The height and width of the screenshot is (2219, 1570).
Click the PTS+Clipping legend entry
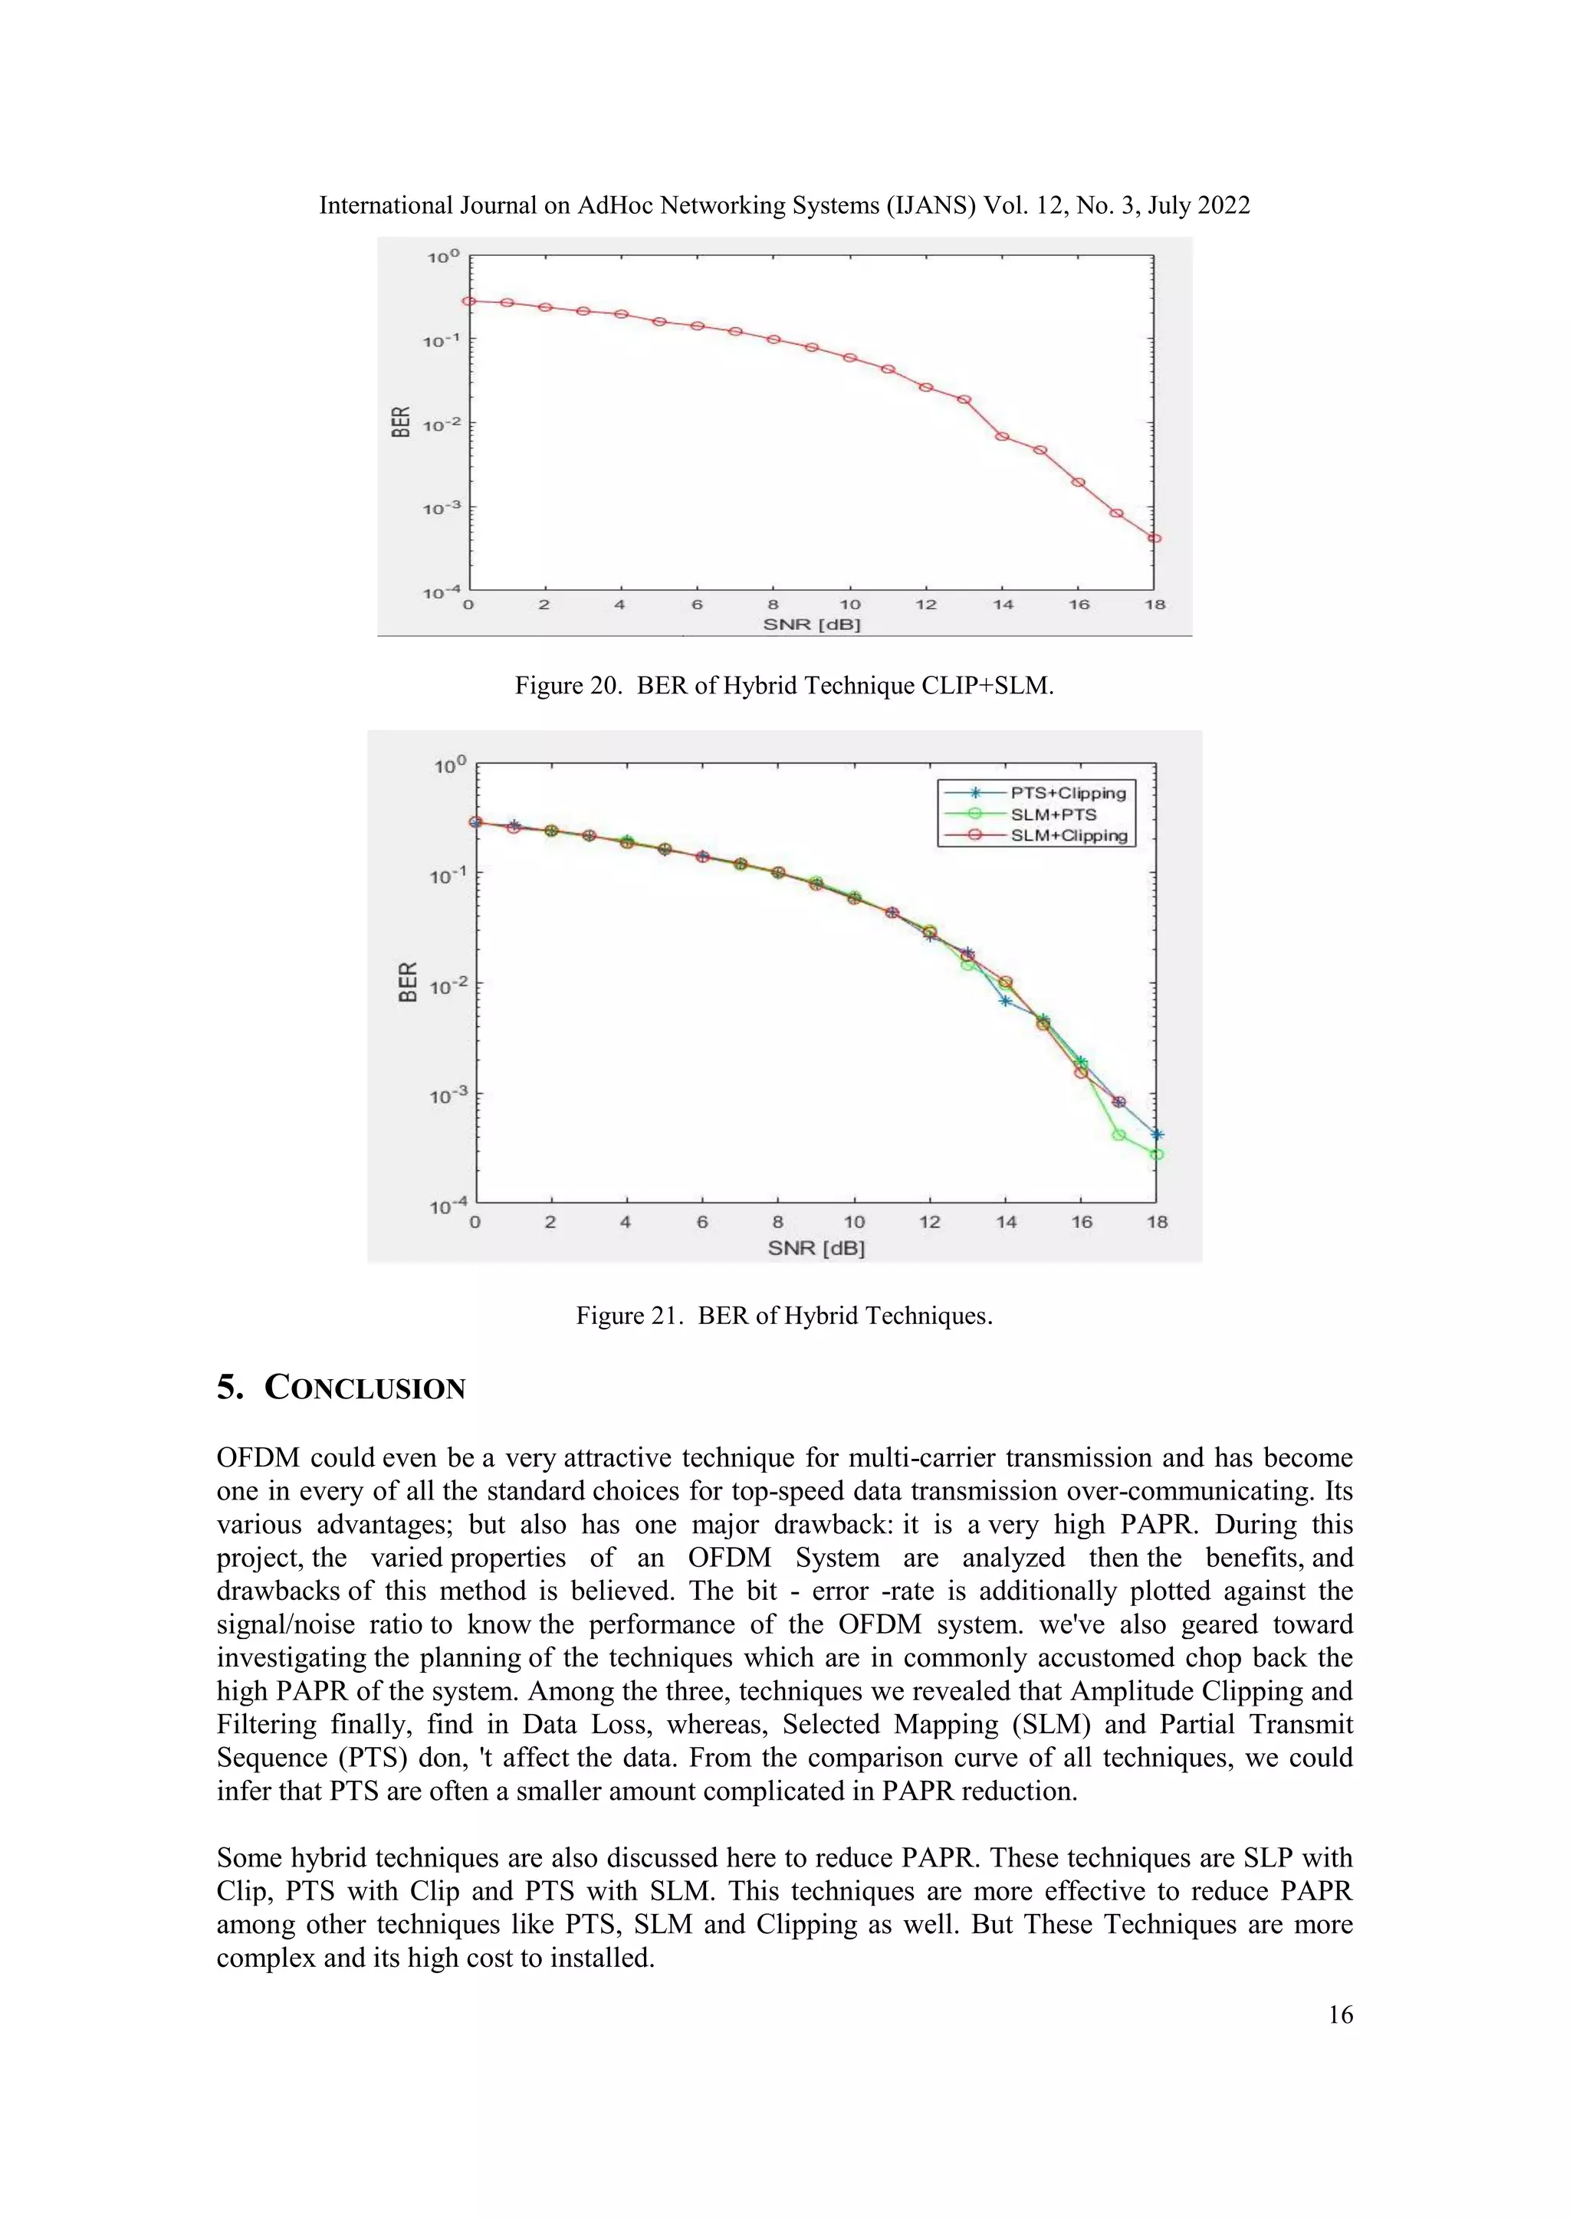(1067, 792)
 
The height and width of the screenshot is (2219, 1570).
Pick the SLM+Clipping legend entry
(1068, 836)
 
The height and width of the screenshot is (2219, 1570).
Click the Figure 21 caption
(784, 1316)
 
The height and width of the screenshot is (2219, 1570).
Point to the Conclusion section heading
(341, 1388)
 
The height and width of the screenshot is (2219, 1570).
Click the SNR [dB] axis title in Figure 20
(811, 624)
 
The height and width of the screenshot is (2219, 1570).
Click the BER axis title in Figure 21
(408, 982)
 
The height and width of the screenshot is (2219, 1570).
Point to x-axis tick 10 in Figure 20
(849, 605)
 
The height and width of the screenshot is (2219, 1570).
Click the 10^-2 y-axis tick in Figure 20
(440, 424)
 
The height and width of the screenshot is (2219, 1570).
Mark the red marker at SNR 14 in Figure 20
(1003, 436)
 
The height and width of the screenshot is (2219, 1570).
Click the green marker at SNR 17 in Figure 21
(1118, 1135)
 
